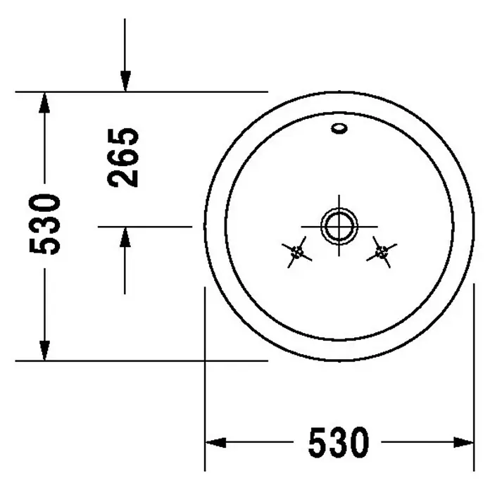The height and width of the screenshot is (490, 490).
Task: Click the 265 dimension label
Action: tap(122, 158)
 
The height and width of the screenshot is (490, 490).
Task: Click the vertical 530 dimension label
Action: tap(44, 224)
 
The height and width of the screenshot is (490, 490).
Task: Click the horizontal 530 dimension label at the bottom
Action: tap(339, 443)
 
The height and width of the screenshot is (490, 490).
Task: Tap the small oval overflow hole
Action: tap(339, 128)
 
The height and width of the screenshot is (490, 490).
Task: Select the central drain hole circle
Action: tap(339, 226)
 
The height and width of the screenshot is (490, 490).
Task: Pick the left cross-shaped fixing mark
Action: tap(296, 252)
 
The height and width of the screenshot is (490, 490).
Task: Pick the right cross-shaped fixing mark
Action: tap(382, 252)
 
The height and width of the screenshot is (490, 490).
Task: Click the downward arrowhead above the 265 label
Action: tap(125, 81)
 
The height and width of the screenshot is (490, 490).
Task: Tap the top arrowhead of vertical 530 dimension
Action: tap(44, 103)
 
